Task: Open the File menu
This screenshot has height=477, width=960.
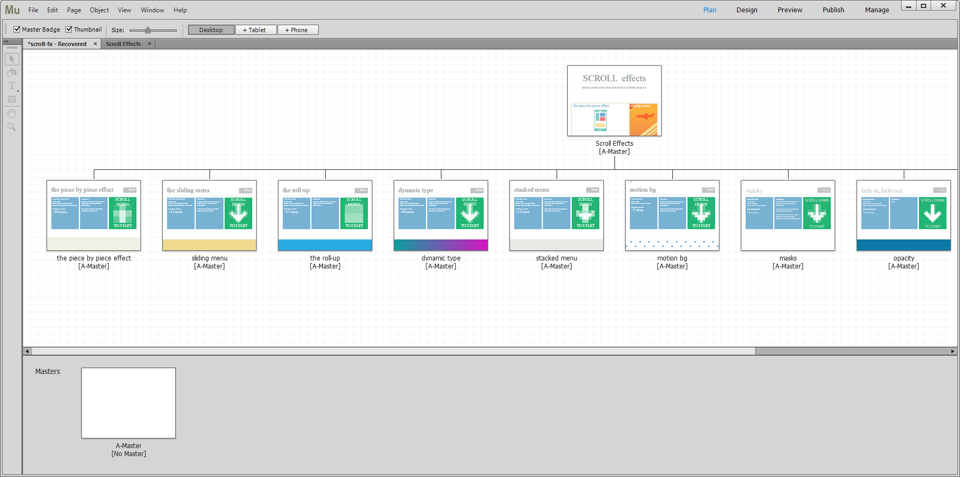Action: pos(33,10)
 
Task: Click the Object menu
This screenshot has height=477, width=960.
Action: pos(99,10)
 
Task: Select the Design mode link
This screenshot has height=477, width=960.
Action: pos(747,10)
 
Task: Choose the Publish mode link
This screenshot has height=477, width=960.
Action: pos(833,10)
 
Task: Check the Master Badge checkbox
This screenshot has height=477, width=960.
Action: pos(17,29)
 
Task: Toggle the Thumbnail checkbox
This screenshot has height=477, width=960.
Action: pos(69,29)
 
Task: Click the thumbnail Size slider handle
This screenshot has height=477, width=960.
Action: pos(148,30)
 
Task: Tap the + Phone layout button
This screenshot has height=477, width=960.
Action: pos(297,30)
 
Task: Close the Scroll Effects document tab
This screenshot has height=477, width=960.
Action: pos(149,44)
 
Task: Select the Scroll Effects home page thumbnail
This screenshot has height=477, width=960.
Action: pos(614,101)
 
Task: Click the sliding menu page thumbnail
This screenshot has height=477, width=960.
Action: pos(209,215)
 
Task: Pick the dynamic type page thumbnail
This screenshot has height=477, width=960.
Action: pos(441,215)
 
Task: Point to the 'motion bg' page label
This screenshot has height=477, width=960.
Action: pos(672,258)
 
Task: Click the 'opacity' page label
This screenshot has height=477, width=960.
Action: pos(904,258)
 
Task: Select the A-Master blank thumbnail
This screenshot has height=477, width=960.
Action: pos(129,403)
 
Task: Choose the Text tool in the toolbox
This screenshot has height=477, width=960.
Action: pos(12,86)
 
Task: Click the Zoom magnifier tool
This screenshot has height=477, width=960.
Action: pos(12,127)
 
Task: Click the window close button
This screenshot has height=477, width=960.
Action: pos(943,6)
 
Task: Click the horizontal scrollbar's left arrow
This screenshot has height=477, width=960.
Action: pos(27,352)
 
